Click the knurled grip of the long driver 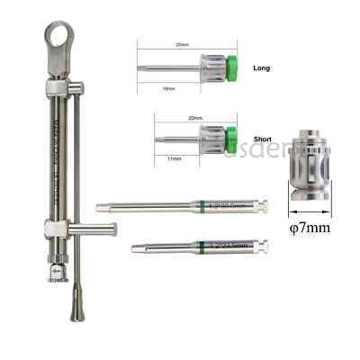pos(209,67)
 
